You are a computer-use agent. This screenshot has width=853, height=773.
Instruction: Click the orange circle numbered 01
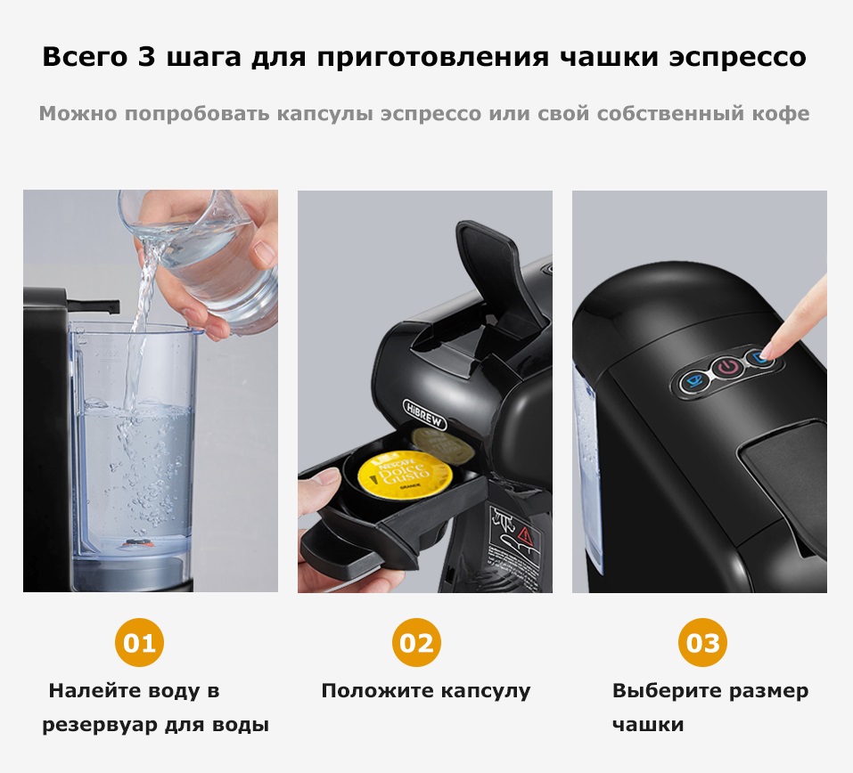140,642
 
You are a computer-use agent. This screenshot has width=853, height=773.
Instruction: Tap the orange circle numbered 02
416,642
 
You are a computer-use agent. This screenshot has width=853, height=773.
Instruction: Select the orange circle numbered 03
702,642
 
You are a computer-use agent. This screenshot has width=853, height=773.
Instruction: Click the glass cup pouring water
209,258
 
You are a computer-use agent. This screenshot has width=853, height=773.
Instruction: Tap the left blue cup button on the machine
693,381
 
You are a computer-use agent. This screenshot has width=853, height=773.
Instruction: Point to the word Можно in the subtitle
78,114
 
